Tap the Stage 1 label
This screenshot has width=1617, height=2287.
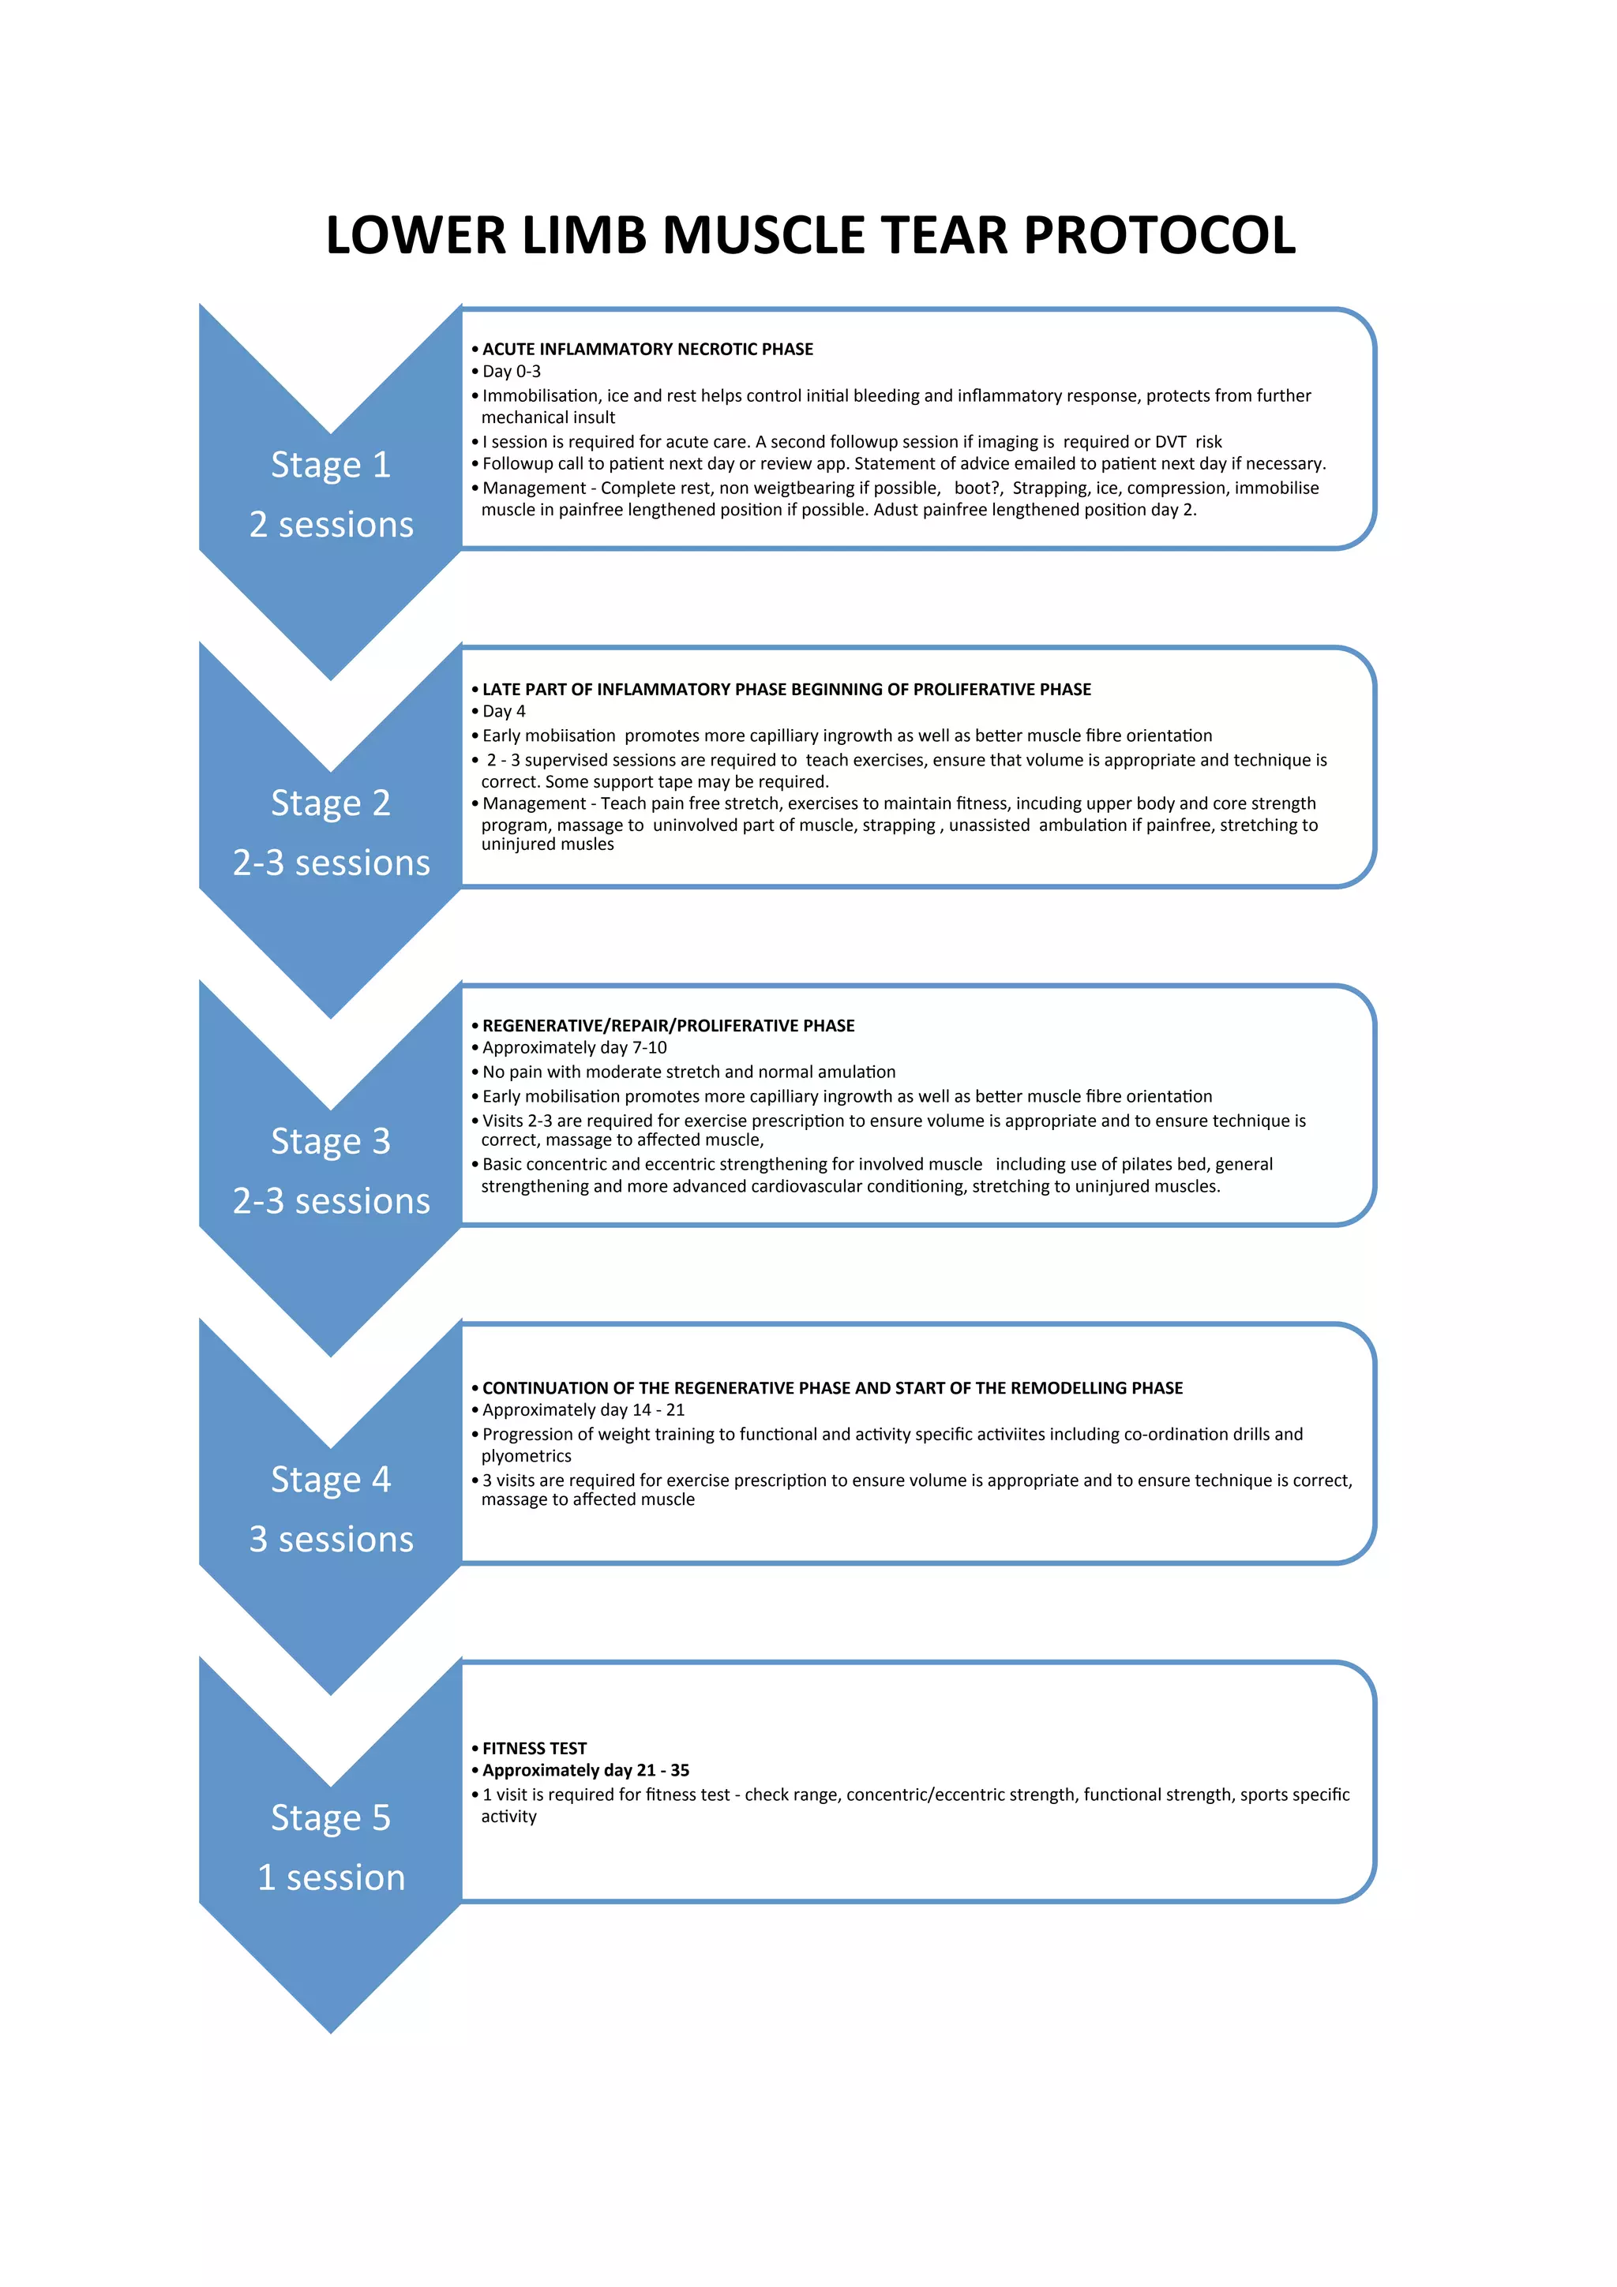[331, 465]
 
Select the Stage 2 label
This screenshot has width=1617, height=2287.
[331, 803]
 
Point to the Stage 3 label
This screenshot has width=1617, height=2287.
[331, 1141]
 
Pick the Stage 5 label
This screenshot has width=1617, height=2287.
[331, 1818]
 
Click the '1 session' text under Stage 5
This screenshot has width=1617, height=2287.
[331, 1877]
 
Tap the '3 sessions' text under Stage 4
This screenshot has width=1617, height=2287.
[331, 1540]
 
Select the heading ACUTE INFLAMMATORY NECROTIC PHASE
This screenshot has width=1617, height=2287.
[647, 350]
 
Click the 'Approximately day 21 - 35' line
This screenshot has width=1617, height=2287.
[586, 1770]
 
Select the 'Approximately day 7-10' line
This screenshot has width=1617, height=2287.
[575, 1048]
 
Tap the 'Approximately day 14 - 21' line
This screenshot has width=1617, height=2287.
[583, 1410]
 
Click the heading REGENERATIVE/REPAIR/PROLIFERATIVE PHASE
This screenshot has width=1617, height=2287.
[669, 1026]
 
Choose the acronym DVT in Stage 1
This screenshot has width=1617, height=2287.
[1171, 442]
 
